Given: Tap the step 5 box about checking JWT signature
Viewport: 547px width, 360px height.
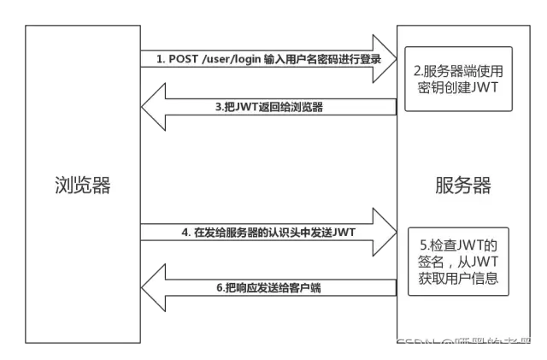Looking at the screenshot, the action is tap(458, 256).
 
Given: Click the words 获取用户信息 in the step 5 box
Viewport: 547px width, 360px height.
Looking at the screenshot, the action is tap(458, 278).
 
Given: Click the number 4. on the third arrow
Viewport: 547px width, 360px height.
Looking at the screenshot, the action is tap(185, 232).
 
